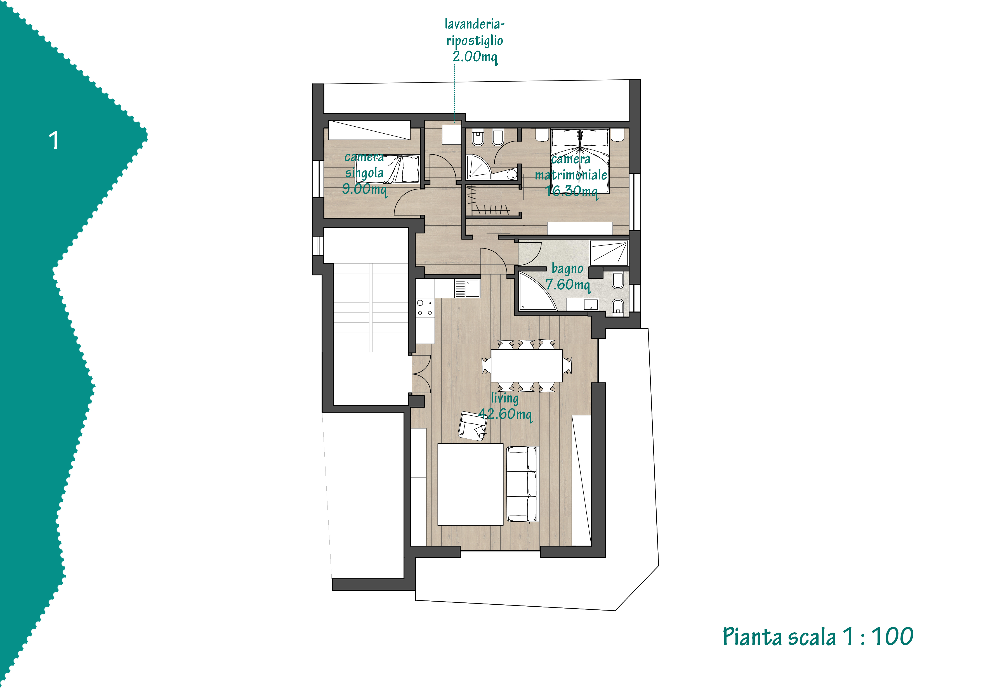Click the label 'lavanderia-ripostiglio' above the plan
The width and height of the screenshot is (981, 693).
coord(475,32)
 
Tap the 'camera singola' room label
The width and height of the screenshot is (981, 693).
coord(364,165)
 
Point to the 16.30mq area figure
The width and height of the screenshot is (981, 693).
coord(571,191)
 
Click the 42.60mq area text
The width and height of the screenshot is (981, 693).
coord(505,414)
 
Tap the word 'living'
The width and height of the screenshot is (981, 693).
coord(505,398)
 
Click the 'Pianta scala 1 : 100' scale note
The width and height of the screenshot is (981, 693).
coord(818,637)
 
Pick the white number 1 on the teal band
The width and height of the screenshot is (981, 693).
coord(54,140)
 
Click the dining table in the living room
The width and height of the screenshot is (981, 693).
coord(526,365)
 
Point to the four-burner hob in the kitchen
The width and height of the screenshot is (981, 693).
coord(425,308)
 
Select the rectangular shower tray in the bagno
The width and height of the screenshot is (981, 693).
coord(609,253)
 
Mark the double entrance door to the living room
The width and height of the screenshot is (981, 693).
coord(421,374)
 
